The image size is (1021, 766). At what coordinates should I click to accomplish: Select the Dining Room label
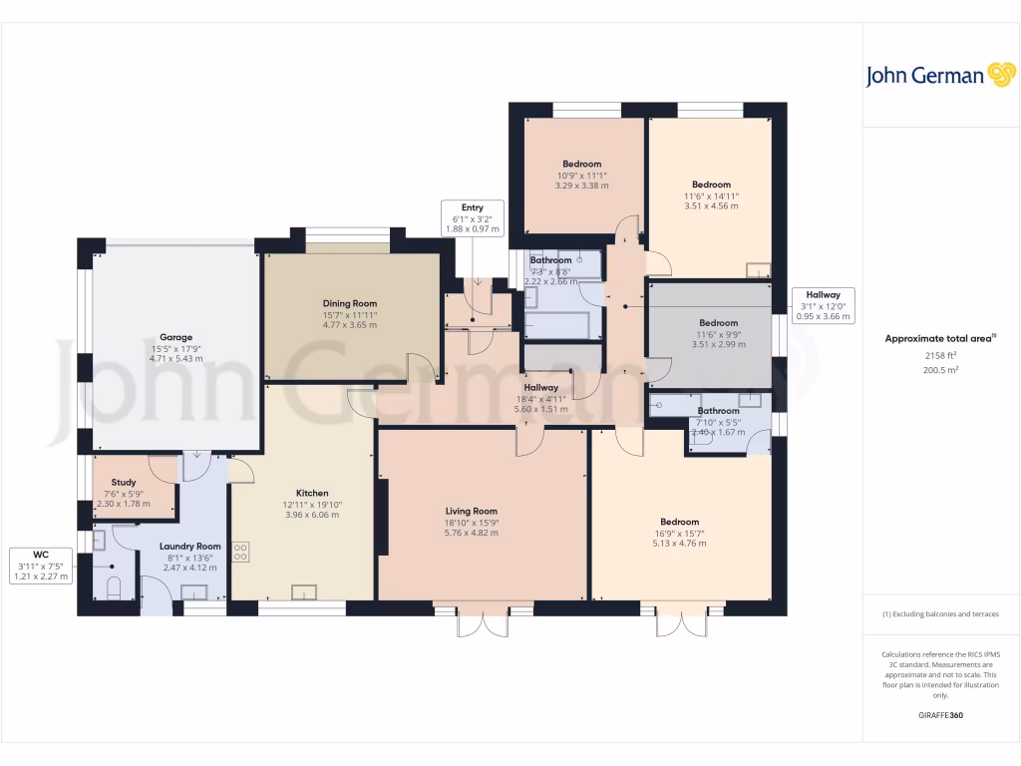350,303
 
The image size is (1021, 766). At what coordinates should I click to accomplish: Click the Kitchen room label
312,493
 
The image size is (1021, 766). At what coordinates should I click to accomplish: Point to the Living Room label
471,511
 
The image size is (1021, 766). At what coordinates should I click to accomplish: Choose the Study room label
124,482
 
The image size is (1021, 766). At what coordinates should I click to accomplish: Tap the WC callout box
41,566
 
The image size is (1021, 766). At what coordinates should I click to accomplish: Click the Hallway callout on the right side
824,305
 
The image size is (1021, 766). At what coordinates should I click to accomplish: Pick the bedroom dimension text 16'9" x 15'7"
679,533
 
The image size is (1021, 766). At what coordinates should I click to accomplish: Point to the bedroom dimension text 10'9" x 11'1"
581,175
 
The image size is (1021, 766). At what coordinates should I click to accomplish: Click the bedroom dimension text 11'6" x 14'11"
712,195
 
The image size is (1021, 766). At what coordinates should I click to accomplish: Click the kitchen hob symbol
240,552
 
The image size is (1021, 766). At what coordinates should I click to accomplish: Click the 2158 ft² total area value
940,355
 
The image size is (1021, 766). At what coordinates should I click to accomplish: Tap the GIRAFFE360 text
940,715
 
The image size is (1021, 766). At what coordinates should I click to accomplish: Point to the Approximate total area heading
940,339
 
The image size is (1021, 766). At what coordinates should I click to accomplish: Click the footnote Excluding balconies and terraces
940,613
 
